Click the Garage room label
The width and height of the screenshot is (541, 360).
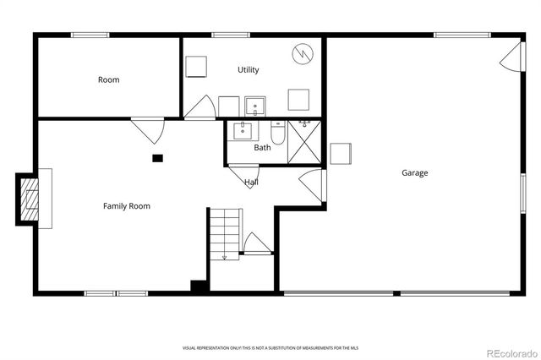414,173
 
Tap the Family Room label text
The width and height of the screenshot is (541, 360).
127,206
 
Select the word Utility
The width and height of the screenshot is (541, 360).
248,70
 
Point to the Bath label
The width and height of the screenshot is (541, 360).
262,148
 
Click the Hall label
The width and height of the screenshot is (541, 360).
251,183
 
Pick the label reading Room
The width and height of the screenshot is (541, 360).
108,80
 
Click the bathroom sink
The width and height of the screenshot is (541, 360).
243,129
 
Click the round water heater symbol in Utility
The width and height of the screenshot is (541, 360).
303,55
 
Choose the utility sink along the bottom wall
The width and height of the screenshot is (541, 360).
254,106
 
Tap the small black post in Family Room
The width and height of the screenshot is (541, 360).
157,157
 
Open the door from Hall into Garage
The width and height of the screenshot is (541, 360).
313,185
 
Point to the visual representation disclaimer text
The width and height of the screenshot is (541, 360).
269,348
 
